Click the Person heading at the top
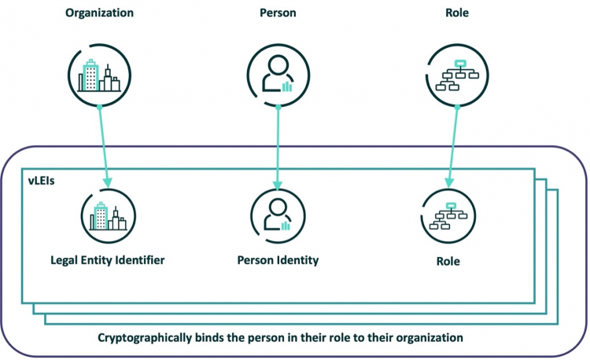[x=276, y=13]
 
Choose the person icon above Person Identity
[x=277, y=215]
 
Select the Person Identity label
[x=277, y=259]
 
